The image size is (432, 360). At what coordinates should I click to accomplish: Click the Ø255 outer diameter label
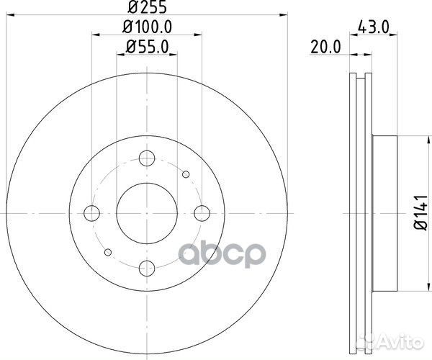[x=146, y=9]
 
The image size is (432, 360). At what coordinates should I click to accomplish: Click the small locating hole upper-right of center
[x=186, y=174]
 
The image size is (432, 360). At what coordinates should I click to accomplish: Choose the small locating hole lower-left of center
[x=107, y=252]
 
